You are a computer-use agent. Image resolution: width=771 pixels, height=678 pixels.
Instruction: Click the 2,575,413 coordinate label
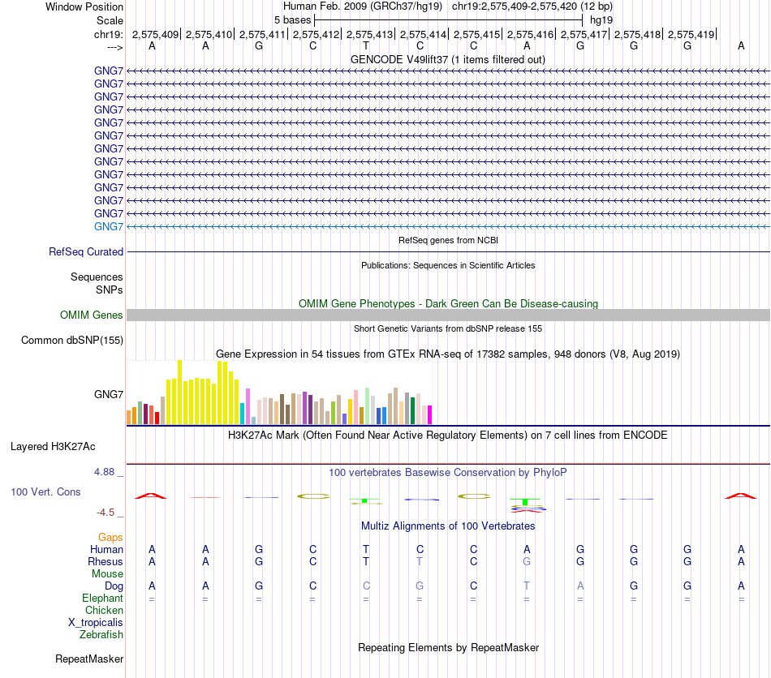(369, 34)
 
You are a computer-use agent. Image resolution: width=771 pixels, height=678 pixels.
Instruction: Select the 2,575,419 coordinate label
(691, 34)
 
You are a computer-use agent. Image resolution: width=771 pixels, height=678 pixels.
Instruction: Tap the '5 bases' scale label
(292, 19)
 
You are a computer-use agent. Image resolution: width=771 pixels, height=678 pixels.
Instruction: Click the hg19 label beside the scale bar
(601, 19)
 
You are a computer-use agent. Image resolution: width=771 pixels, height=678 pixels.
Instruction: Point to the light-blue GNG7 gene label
(109, 226)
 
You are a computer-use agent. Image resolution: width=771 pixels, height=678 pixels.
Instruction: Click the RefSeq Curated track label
(86, 252)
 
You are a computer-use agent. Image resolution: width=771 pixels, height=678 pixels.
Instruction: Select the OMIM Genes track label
(92, 315)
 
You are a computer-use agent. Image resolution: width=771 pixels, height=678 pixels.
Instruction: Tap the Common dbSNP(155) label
(72, 341)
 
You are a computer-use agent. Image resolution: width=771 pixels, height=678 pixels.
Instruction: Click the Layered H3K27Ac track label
(53, 446)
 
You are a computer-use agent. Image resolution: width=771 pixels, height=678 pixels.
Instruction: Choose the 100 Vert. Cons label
(45, 491)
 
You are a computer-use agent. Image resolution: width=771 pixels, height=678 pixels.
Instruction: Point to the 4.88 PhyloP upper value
(108, 471)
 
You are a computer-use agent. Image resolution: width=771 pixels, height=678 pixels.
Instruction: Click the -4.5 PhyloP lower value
(110, 512)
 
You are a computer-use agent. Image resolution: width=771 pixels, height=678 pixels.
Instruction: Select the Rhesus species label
(106, 561)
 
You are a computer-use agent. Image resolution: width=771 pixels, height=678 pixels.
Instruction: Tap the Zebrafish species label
(101, 634)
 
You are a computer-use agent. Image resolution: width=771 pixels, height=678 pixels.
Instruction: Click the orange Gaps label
(110, 537)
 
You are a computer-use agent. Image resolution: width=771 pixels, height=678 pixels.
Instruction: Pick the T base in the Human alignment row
(366, 549)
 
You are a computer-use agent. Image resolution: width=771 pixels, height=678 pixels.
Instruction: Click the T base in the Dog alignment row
(527, 586)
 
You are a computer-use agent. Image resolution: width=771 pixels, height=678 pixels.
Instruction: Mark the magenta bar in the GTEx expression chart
(429, 414)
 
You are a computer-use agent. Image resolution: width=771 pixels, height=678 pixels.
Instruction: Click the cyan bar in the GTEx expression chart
(243, 413)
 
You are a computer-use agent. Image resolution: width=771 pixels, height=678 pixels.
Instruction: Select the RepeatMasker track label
(89, 659)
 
